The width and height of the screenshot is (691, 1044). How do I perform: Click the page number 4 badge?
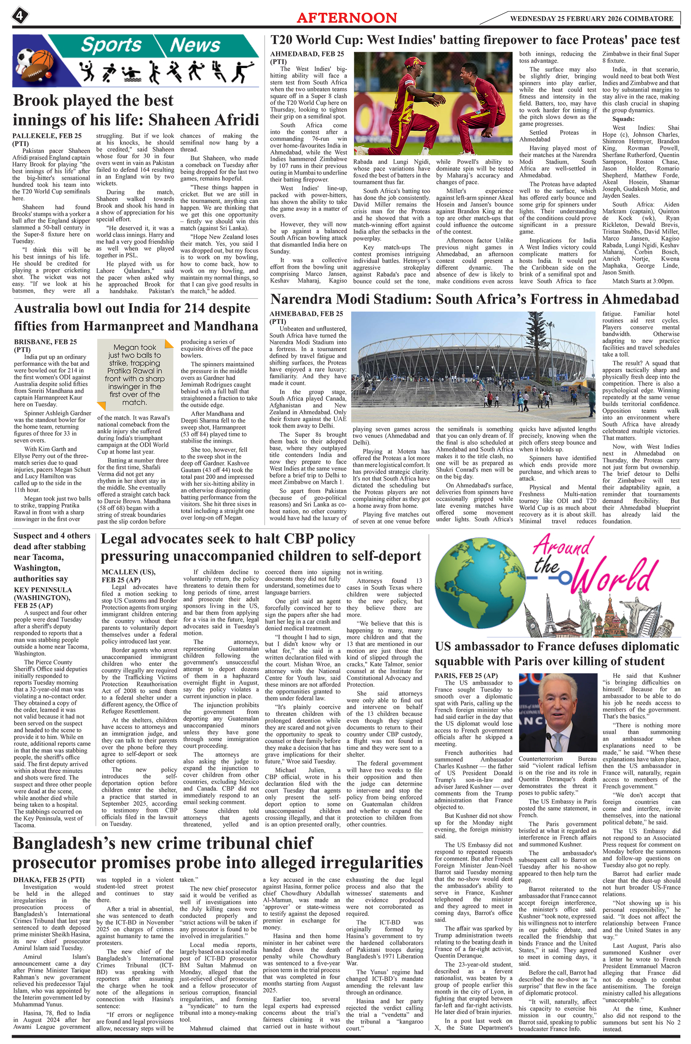point(20,17)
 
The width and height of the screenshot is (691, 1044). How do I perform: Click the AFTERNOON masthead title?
point(347,18)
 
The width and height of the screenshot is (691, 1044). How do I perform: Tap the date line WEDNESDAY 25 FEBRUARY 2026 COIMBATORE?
point(592,18)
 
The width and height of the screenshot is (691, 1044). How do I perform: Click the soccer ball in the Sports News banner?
point(27,56)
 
